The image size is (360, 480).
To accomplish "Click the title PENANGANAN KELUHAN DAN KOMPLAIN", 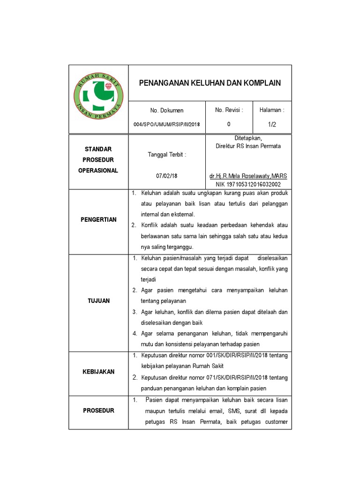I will point(210,83).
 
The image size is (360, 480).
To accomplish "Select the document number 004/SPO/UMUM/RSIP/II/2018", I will point(167,124).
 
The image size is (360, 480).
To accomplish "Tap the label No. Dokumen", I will point(167,111).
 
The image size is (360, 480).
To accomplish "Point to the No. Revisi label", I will point(229,110).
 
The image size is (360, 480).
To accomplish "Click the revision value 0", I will point(229,124).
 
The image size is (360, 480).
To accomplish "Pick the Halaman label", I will point(272,110).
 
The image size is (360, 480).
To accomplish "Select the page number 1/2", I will point(272,124).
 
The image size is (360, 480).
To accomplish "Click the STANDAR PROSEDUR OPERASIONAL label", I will point(98,160).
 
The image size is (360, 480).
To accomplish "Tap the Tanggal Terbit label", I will point(167,154).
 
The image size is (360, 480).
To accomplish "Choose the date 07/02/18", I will point(167,176).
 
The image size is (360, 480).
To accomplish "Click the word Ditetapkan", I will point(248,138).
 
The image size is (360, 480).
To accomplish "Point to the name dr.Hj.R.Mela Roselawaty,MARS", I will point(248,176).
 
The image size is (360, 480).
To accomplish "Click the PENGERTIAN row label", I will point(98,220).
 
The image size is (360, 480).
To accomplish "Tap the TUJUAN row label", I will point(98,301).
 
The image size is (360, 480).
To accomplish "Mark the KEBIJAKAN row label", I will point(98,372).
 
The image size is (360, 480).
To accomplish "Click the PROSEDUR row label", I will point(98,411).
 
